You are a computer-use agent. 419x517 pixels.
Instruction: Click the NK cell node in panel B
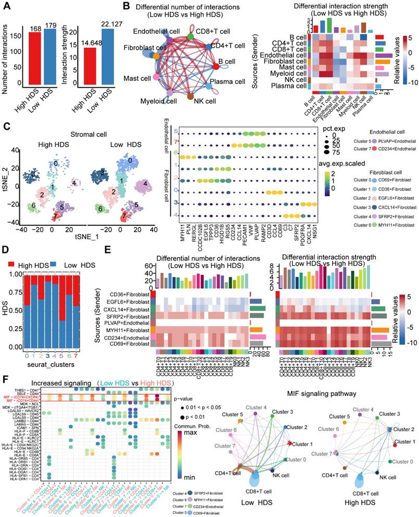click(x=190, y=96)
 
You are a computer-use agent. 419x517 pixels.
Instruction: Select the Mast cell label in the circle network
click(x=137, y=78)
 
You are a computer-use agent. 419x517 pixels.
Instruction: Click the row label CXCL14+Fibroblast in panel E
click(x=132, y=308)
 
